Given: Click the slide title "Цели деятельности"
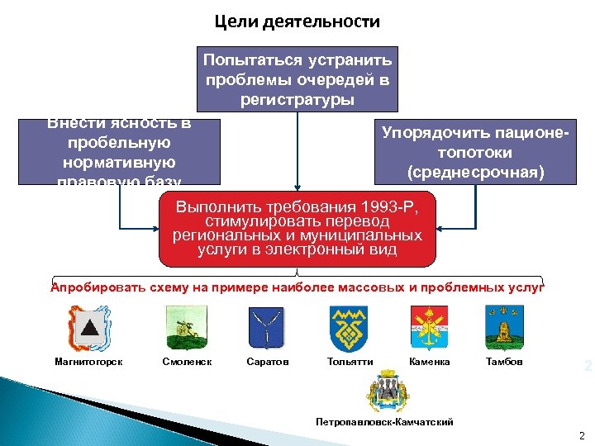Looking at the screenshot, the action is coord(297,21).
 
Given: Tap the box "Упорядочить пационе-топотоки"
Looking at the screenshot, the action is coord(475,152).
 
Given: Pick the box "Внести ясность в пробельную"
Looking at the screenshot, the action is coord(121,151).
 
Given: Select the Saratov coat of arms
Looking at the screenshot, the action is coord(267,327).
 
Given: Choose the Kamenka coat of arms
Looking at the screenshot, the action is coord(429,327).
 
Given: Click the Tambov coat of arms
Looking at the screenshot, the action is coord(504,327).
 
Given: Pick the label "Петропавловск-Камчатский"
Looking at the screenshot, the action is coord(384,422).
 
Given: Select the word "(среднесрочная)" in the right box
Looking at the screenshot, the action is coord(475,172).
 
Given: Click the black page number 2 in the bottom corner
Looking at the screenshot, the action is coord(582,434).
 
